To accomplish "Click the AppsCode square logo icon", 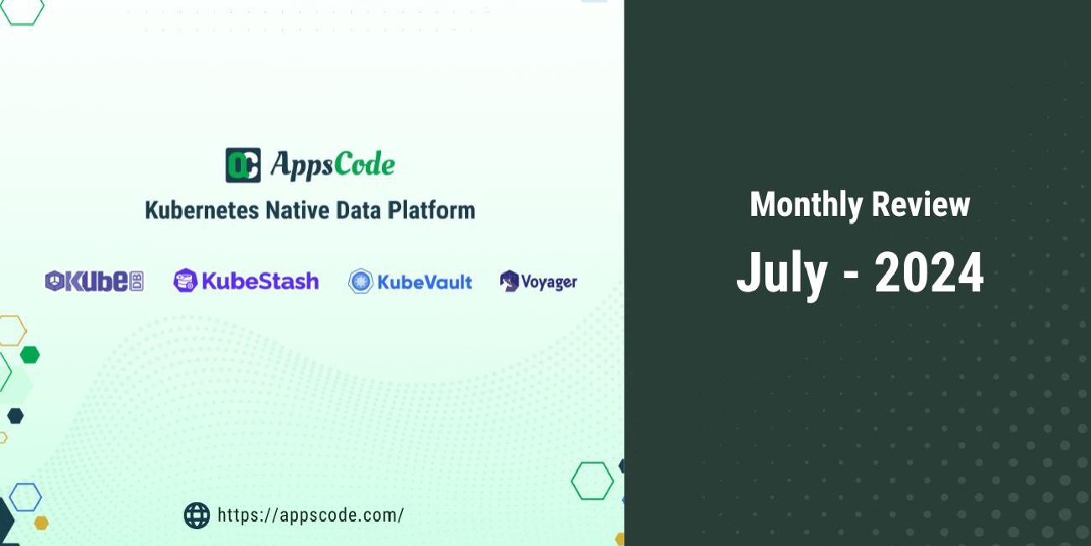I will pyautogui.click(x=243, y=165).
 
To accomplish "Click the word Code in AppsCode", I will pyautogui.click(x=363, y=165).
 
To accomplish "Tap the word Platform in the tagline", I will pyautogui.click(x=431, y=209).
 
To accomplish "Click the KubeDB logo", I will pyautogui.click(x=94, y=281).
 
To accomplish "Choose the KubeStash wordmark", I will pyautogui.click(x=259, y=281).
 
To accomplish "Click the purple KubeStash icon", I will pyautogui.click(x=185, y=281).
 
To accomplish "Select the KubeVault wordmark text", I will pyautogui.click(x=424, y=281).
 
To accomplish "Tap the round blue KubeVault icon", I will pyautogui.click(x=360, y=281).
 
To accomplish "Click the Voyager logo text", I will pyautogui.click(x=549, y=281).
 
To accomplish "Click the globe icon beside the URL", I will pyautogui.click(x=196, y=515).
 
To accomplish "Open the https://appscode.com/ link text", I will pyautogui.click(x=310, y=515).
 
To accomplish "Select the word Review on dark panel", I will pyautogui.click(x=921, y=204).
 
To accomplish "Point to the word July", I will pyautogui.click(x=781, y=273).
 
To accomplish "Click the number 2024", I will pyautogui.click(x=929, y=273).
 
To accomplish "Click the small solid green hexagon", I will pyautogui.click(x=29, y=354).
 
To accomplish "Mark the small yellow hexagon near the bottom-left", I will pyautogui.click(x=40, y=522).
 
